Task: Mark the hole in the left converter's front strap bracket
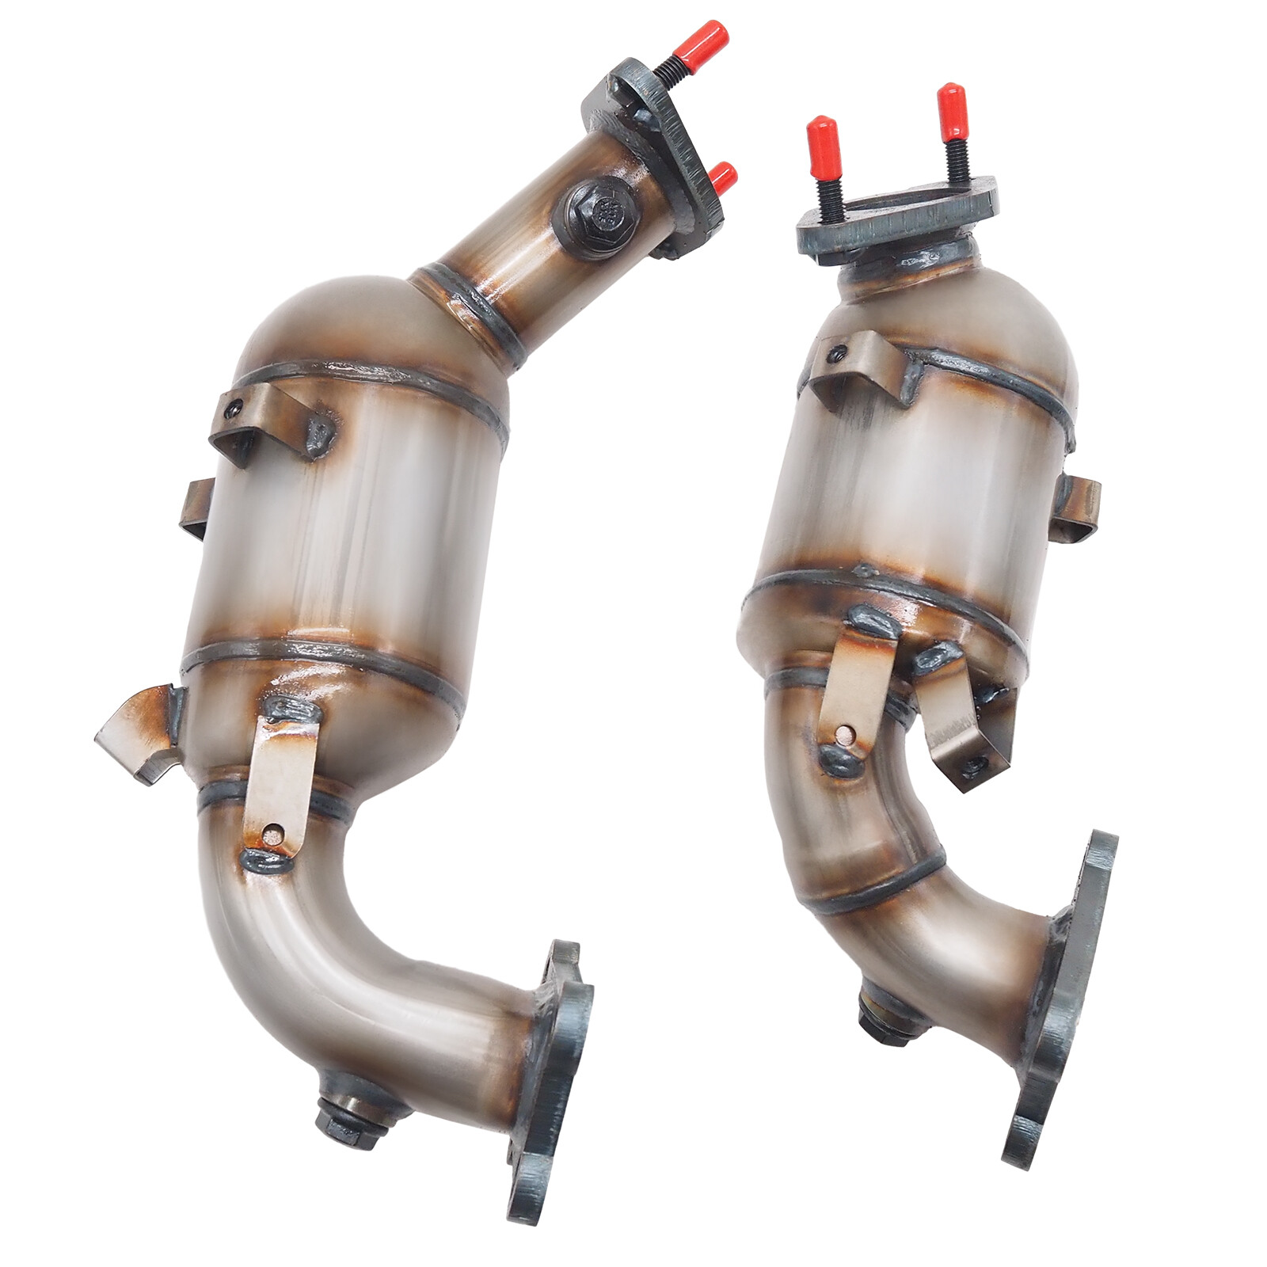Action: pyautogui.click(x=273, y=832)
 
